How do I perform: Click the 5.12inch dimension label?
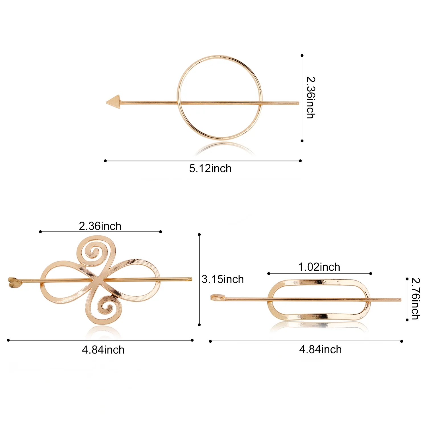click(x=210, y=169)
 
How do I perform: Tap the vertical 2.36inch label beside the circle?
click(x=311, y=97)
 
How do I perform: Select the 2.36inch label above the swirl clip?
click(x=100, y=226)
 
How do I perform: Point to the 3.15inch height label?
click(x=223, y=279)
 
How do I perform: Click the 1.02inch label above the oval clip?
click(x=319, y=267)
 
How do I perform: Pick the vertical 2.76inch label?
click(x=416, y=299)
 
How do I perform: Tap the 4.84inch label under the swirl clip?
click(x=103, y=350)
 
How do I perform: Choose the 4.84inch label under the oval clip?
click(x=320, y=350)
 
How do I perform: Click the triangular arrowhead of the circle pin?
click(x=113, y=102)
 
